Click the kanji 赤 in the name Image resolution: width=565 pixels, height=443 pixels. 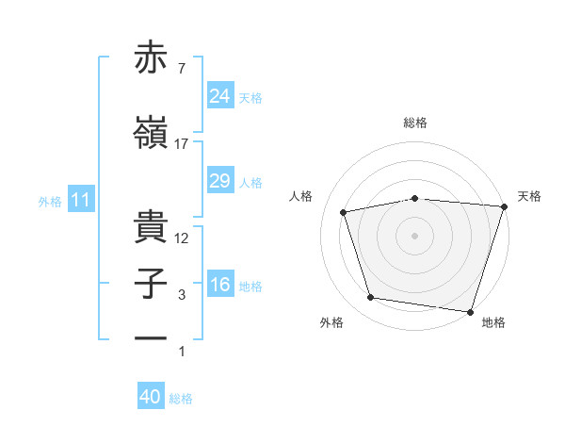[152, 59]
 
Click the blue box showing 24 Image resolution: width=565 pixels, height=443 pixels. [219, 96]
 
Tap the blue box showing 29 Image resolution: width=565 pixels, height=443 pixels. [219, 181]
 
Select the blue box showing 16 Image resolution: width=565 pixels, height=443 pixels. [219, 286]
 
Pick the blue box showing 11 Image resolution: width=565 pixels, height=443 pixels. [80, 200]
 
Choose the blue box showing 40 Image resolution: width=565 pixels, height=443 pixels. [151, 397]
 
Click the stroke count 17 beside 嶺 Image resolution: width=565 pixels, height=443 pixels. [182, 144]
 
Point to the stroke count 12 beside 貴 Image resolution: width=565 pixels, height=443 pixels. [182, 238]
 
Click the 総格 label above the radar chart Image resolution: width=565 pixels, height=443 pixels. [415, 123]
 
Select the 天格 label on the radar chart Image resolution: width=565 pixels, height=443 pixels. [529, 196]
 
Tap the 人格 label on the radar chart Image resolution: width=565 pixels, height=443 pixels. [301, 196]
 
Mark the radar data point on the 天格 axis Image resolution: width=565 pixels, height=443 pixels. [504, 206]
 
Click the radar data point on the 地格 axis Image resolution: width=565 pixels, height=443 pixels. [471, 311]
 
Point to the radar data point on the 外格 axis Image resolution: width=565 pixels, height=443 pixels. [371, 298]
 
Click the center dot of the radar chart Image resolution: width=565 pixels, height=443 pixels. [415, 235]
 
